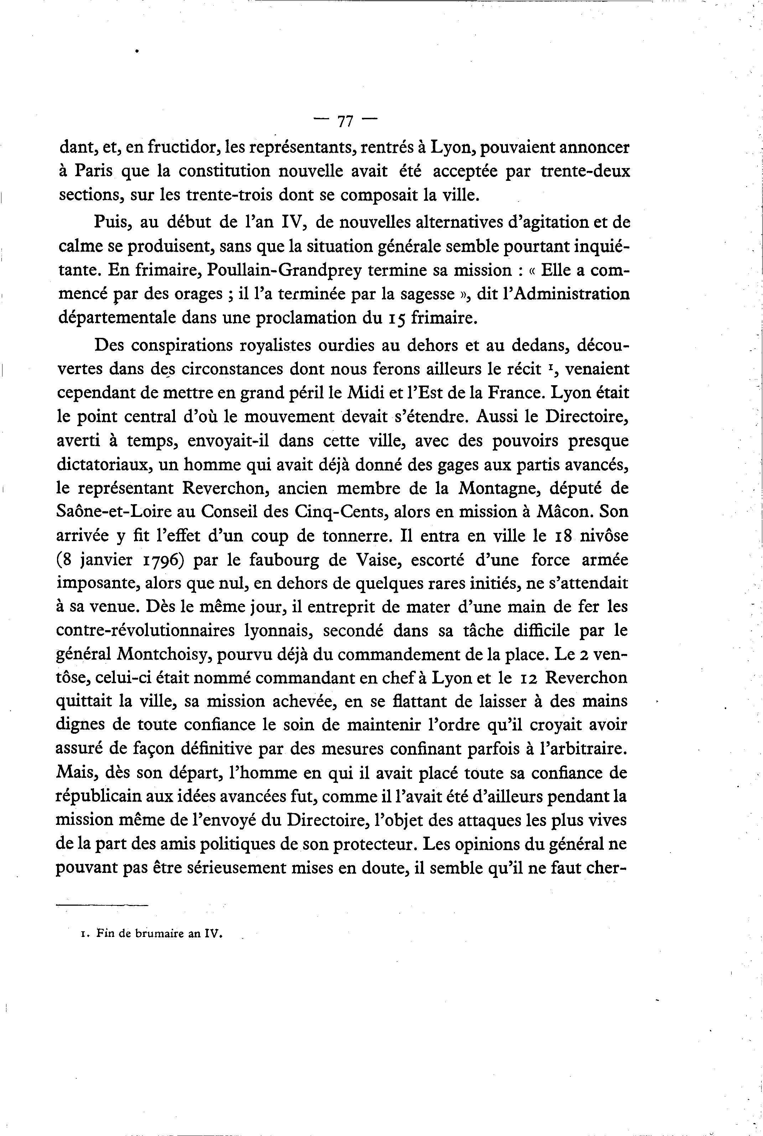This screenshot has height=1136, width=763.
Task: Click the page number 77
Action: (x=345, y=121)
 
